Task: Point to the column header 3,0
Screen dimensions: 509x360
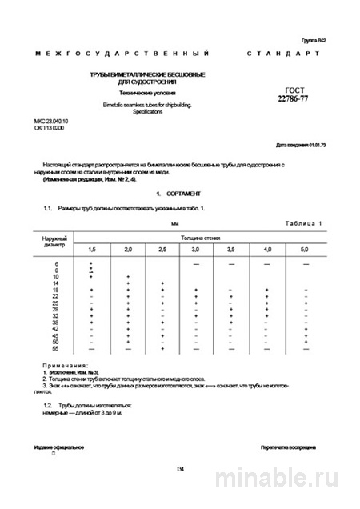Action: click(196, 251)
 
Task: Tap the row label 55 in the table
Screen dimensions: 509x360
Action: click(56, 349)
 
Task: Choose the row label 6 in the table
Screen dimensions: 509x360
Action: click(56, 263)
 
